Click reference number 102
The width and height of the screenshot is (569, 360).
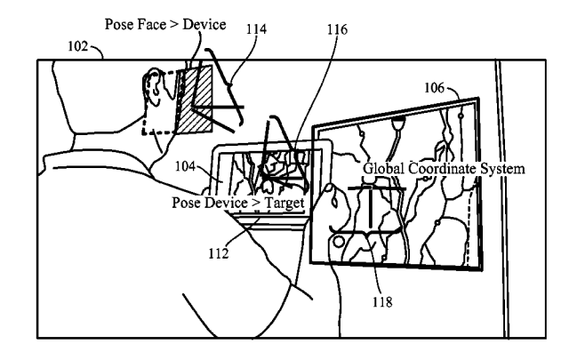click(78, 47)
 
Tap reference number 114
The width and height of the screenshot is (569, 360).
click(257, 29)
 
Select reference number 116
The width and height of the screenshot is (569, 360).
click(337, 29)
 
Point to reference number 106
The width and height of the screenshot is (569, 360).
click(435, 87)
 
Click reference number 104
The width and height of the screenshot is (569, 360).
click(186, 166)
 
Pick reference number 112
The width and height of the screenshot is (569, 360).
click(219, 253)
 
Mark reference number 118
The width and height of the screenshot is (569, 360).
click(382, 301)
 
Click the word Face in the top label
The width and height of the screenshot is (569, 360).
click(151, 24)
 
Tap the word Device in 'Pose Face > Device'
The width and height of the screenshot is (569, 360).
click(204, 24)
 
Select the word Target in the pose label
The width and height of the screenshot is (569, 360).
click(284, 204)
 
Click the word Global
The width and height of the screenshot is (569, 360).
click(383, 168)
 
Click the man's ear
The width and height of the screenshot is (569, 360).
click(152, 88)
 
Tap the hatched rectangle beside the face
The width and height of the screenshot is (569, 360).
click(195, 99)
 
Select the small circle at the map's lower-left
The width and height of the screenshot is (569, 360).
click(339, 242)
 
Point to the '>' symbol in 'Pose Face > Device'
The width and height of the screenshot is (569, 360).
click(174, 25)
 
